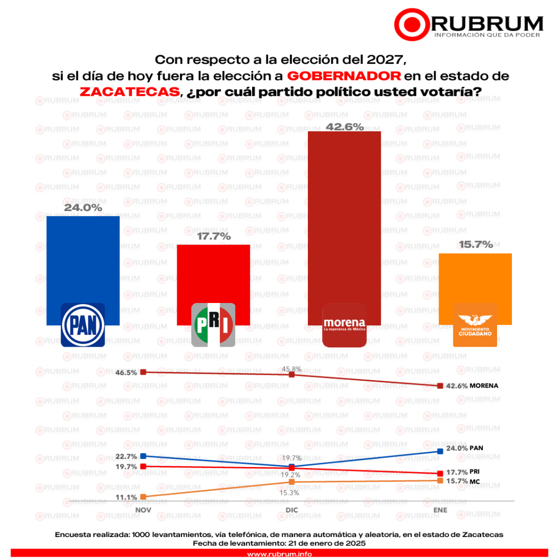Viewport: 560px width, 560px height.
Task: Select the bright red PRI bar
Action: point(213,273)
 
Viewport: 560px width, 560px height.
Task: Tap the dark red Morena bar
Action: point(345,219)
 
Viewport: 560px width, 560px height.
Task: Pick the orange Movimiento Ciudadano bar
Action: point(475,279)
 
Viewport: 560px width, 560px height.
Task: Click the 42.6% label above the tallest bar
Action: point(345,127)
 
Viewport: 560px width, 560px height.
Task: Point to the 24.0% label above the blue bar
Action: point(83,208)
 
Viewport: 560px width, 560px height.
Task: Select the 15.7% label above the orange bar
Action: point(475,244)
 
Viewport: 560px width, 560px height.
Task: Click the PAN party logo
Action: point(83,325)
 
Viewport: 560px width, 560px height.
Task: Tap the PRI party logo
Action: point(213,325)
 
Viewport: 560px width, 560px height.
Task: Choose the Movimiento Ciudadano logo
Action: point(475,325)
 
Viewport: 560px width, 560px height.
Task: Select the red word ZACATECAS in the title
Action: point(130,91)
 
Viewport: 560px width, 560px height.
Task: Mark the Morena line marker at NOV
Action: point(143,372)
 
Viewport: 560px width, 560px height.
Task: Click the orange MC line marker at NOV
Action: point(143,497)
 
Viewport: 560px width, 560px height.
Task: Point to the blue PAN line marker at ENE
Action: point(440,451)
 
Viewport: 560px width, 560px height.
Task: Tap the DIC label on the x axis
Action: point(291,510)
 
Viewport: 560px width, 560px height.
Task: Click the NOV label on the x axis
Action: point(143,510)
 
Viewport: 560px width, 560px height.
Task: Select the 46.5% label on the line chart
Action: point(126,372)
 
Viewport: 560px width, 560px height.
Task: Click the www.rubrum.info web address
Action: point(279,554)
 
